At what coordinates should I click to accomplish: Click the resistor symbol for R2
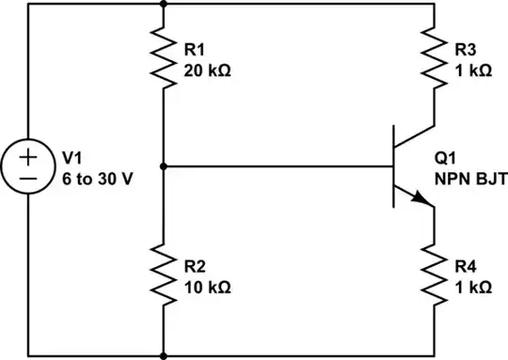click(164, 273)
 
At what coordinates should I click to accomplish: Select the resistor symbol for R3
click(434, 60)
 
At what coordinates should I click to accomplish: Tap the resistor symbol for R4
click(434, 273)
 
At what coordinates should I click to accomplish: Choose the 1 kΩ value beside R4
click(472, 284)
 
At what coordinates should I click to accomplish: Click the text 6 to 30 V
click(91, 178)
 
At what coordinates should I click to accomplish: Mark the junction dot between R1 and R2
click(164, 166)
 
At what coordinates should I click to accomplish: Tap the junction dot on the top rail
click(164, 3)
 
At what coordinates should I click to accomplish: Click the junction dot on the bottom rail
click(164, 356)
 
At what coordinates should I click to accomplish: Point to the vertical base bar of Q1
click(395, 166)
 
